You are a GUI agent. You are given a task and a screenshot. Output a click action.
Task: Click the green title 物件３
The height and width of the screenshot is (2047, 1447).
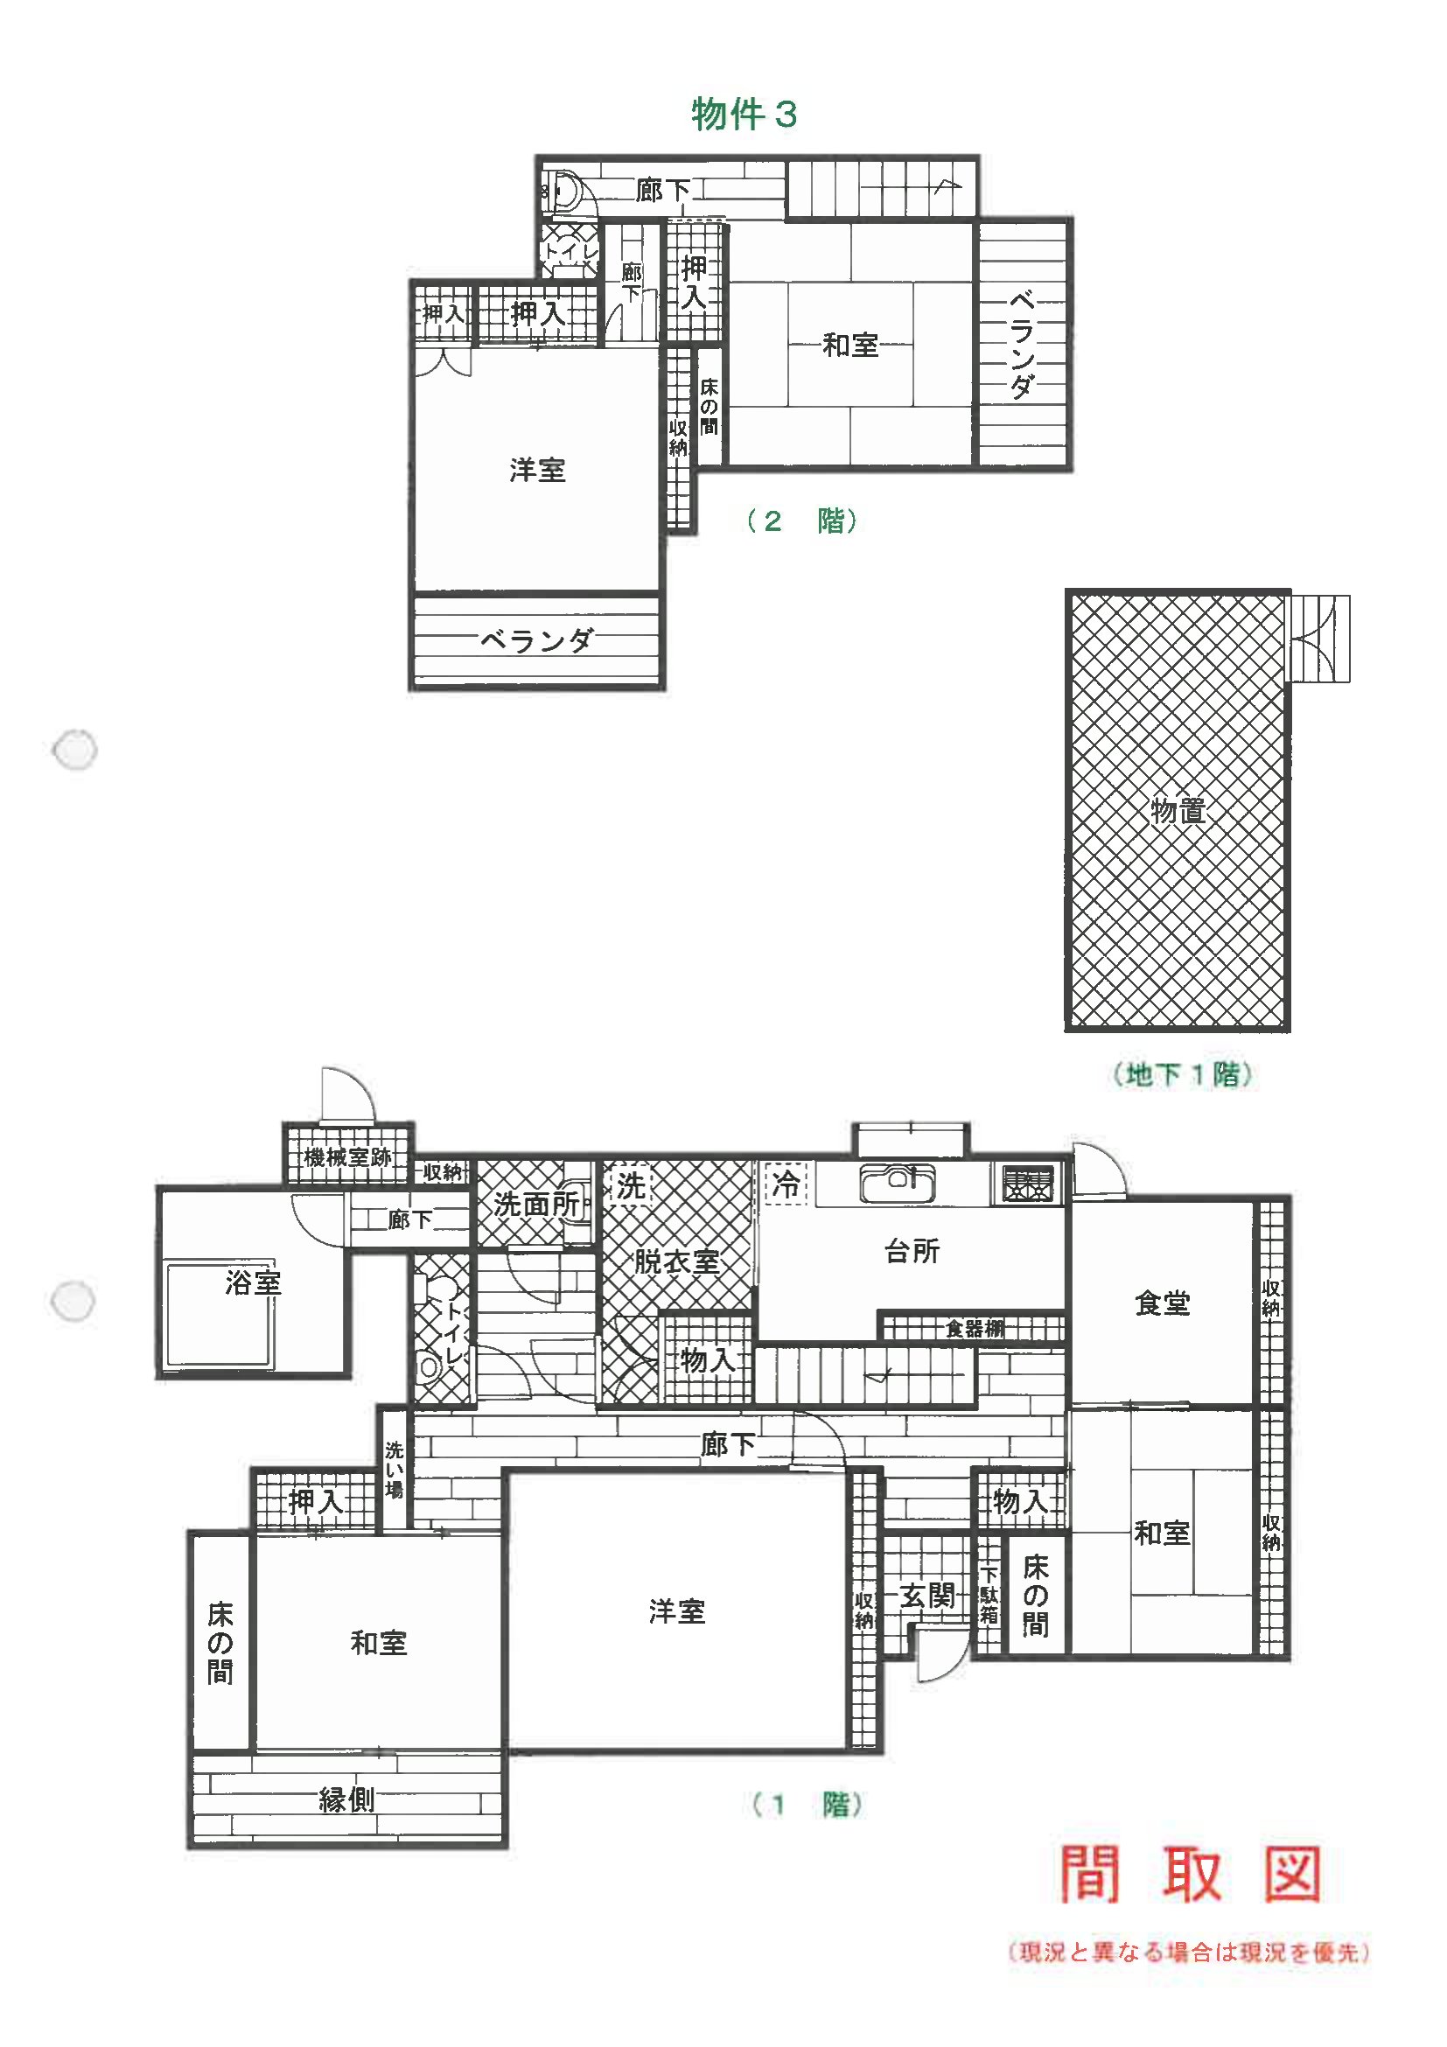click(x=744, y=114)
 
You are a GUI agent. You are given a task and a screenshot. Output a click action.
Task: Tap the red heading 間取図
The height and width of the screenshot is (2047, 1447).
click(x=1190, y=1874)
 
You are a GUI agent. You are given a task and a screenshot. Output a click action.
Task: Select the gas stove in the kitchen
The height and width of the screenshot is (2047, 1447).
click(x=1027, y=1183)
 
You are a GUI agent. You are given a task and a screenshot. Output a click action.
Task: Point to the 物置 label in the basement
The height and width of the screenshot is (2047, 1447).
click(x=1178, y=810)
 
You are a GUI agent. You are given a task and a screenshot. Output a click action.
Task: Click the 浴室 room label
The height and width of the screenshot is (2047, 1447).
click(x=252, y=1283)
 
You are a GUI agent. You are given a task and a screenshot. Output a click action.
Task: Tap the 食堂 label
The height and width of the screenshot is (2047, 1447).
click(x=1162, y=1303)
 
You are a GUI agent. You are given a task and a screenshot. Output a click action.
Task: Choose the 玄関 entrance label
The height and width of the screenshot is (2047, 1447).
click(x=927, y=1595)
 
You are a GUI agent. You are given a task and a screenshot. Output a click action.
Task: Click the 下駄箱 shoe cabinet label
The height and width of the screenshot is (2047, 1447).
click(x=989, y=1596)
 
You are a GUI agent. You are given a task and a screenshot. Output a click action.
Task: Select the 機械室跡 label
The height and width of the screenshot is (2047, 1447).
click(x=347, y=1157)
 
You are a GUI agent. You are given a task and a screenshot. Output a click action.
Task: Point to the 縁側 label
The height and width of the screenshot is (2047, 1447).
click(x=346, y=1799)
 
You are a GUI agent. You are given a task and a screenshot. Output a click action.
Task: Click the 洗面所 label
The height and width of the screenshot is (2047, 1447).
click(x=535, y=1204)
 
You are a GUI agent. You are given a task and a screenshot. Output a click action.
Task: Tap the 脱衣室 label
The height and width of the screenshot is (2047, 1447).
click(x=676, y=1261)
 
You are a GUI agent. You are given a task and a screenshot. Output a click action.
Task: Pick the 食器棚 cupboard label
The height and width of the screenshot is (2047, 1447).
click(x=975, y=1330)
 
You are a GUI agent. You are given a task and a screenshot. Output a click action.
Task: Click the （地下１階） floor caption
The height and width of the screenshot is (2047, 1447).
click(x=1182, y=1074)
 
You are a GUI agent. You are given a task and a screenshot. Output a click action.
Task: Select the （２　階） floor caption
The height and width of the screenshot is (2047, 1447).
click(x=802, y=520)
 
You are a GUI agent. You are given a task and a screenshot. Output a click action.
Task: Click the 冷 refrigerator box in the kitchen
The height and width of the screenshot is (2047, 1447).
click(x=786, y=1184)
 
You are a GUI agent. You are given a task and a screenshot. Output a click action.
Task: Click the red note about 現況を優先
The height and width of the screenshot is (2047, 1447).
click(x=1189, y=1953)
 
